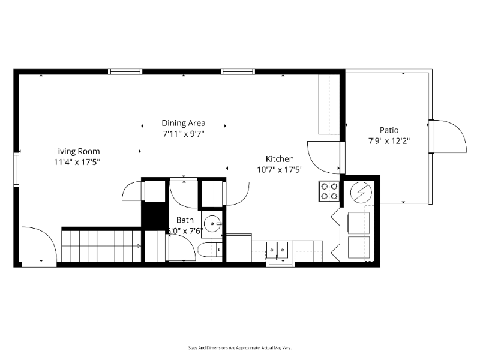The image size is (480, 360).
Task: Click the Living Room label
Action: click(77, 151)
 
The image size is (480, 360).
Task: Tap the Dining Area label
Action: click(183, 123)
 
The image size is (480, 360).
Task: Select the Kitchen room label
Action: click(280, 159)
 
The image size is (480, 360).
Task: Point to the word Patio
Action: click(389, 130)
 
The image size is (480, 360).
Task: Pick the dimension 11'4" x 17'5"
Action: click(77, 162)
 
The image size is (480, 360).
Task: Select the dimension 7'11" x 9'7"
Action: click(183, 134)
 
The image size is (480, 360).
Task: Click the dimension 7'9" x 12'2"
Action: click(389, 141)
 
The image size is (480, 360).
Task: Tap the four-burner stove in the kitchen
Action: click(329, 191)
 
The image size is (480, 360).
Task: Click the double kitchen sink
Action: click(277, 248)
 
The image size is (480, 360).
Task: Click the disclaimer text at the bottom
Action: click(239, 347)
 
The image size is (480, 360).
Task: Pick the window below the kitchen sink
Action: click(280, 263)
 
